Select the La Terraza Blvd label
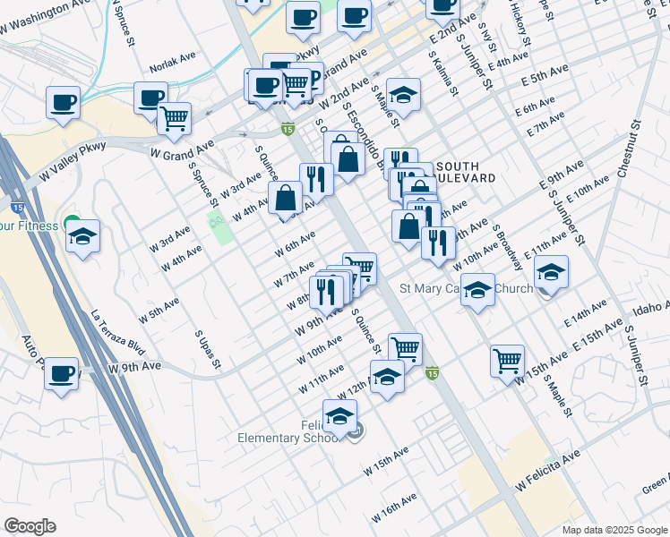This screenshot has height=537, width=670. click(x=118, y=333)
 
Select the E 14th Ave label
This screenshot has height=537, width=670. click(x=587, y=314)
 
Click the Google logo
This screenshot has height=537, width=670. click(x=30, y=526)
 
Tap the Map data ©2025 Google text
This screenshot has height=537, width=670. click(x=614, y=530)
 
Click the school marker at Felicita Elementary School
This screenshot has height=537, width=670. click(x=339, y=416)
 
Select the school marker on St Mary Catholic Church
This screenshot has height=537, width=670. click(x=478, y=291)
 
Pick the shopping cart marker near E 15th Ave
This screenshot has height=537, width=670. click(x=507, y=360)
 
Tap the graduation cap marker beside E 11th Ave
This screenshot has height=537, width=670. click(x=552, y=272)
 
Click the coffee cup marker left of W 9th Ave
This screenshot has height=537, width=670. click(x=62, y=373)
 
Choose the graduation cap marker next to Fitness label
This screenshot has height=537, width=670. click(x=83, y=237)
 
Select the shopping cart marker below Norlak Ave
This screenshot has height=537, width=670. click(x=174, y=118)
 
